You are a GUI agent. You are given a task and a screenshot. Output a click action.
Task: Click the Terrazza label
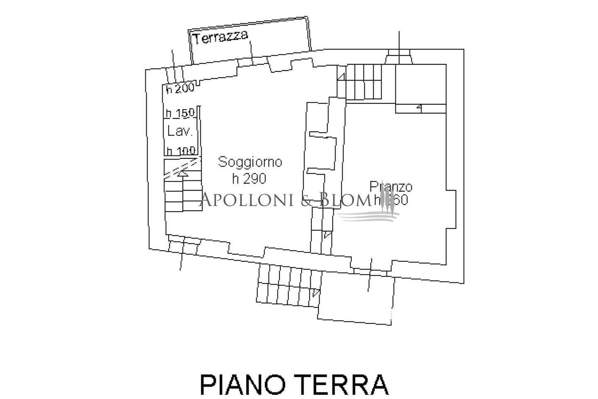(221, 38)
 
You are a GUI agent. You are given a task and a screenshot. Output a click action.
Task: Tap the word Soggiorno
(250, 162)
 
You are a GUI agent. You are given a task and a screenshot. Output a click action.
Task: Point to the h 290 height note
(249, 178)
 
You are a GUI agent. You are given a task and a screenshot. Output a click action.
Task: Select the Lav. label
(180, 131)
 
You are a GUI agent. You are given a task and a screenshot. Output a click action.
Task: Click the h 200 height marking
(180, 89)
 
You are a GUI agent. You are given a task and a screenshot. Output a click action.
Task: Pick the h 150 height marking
(180, 113)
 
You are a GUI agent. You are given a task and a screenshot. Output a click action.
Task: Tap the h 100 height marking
(181, 150)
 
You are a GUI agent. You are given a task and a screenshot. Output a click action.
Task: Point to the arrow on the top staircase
(341, 76)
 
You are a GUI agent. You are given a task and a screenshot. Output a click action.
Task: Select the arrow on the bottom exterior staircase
(316, 293)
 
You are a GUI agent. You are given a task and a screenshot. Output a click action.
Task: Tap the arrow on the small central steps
(328, 235)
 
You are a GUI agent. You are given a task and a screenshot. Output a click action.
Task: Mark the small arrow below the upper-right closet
(419, 108)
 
